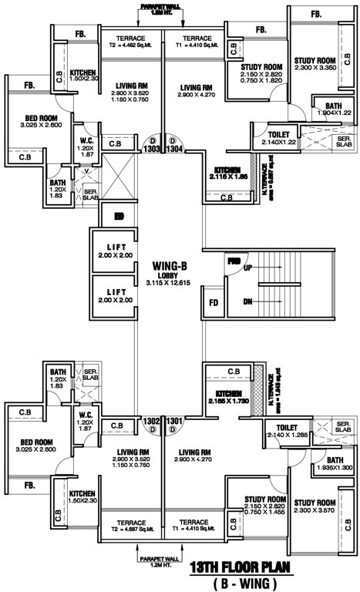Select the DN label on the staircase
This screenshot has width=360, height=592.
point(247,301)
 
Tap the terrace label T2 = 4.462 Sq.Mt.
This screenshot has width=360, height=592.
point(131,45)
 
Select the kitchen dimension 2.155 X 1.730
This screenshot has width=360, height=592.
point(227,402)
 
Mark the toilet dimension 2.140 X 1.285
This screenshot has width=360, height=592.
point(286,434)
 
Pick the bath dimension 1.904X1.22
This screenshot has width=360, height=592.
point(333,113)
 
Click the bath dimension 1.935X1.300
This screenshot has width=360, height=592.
point(334,468)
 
